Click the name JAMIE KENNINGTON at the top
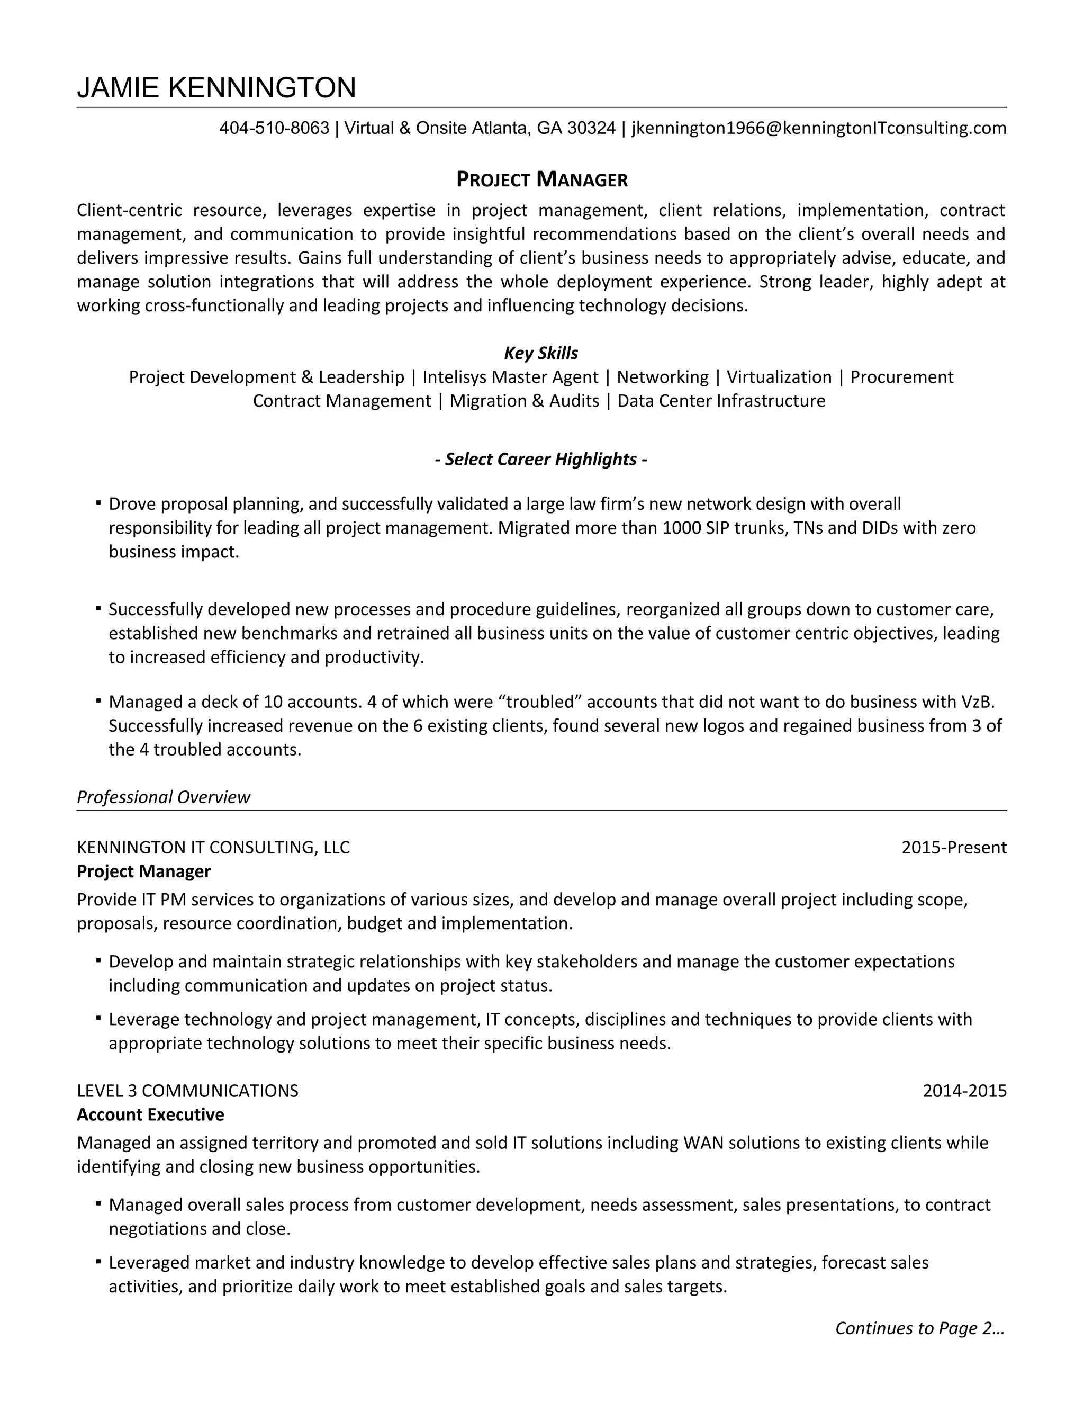(216, 87)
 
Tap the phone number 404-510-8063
(274, 129)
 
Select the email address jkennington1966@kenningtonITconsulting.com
(819, 129)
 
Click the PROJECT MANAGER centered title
(541, 179)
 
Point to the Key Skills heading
(541, 353)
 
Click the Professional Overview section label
(163, 797)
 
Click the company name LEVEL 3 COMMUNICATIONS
(187, 1091)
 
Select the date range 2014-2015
(964, 1091)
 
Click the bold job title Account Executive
(150, 1114)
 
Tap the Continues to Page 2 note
(919, 1328)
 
